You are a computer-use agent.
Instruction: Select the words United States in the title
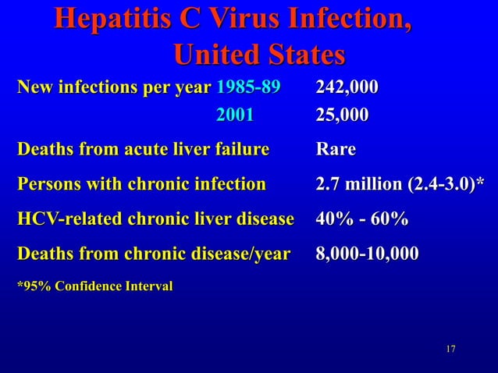(258, 55)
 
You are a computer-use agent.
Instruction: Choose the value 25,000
(342, 115)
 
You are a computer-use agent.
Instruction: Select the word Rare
(336, 149)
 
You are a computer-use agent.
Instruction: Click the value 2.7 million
(357, 185)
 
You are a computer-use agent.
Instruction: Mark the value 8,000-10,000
(367, 254)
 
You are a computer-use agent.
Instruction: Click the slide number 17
(450, 347)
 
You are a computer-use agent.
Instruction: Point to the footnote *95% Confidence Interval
(94, 286)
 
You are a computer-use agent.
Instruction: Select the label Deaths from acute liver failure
(143, 149)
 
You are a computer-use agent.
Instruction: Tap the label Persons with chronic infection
(141, 185)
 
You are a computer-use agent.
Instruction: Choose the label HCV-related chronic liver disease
(155, 220)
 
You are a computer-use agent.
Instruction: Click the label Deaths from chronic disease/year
(153, 254)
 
